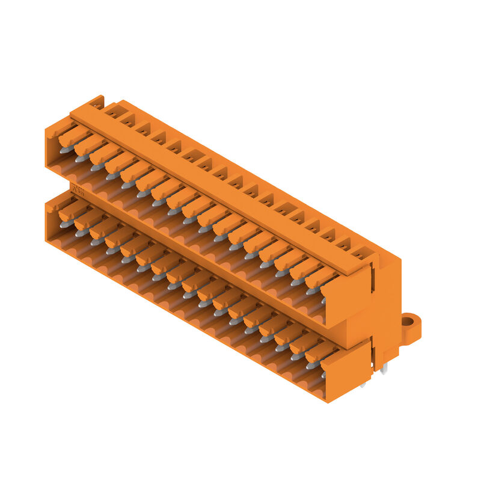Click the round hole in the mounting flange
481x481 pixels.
tap(408, 322)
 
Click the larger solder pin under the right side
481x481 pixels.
tap(384, 368)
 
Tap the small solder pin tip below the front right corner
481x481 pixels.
tap(363, 385)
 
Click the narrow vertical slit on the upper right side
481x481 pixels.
tap(374, 277)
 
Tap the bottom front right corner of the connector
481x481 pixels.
tap(328, 402)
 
